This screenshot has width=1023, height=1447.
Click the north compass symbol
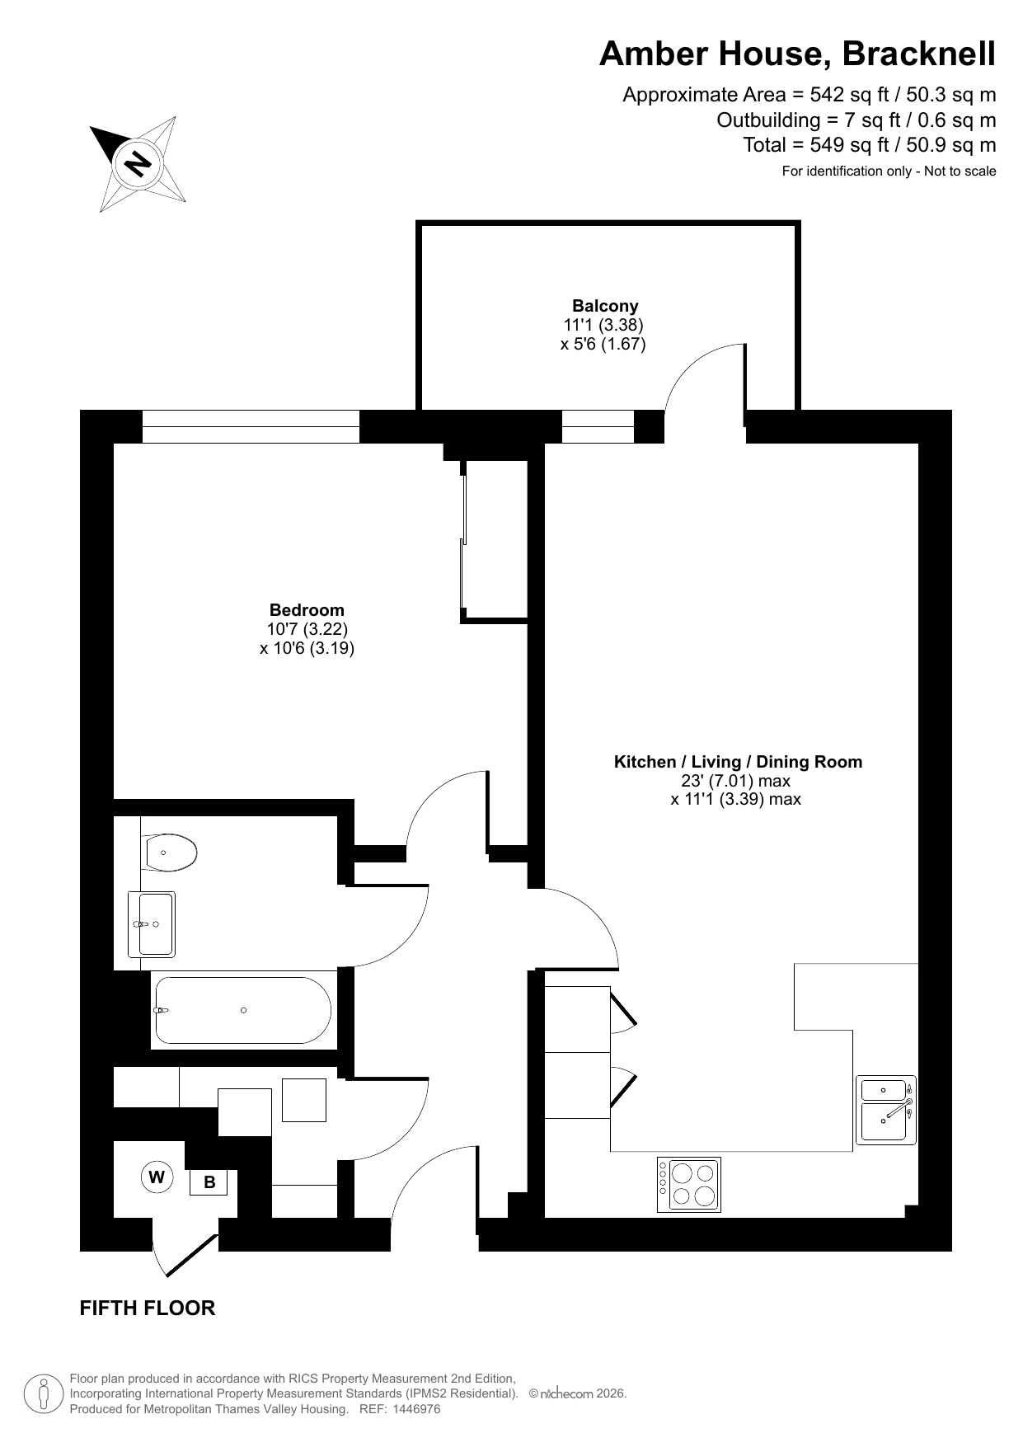138,162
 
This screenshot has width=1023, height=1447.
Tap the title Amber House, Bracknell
797,54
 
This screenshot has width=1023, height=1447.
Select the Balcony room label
605,306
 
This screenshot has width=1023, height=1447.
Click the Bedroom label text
307,610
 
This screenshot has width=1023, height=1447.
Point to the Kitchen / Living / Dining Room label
738,762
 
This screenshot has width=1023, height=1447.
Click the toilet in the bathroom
169,853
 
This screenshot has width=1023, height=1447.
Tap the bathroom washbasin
152,924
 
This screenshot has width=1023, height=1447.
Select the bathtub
242,1010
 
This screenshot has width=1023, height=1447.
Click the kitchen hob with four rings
689,1185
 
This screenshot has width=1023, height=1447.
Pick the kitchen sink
886,1110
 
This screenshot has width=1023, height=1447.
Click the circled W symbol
157,1177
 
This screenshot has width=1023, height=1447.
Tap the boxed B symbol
209,1182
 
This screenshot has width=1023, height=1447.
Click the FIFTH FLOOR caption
148,1308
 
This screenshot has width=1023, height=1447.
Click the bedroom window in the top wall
251,426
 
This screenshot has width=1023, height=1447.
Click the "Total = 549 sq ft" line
870,145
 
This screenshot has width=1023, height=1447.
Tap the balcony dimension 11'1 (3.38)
603,325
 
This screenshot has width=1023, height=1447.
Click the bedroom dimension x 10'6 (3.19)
307,648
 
